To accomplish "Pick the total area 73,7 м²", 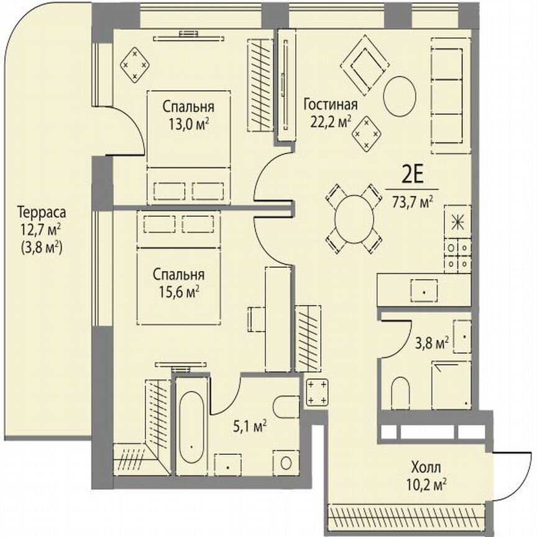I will (412, 201).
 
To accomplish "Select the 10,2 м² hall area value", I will (426, 482).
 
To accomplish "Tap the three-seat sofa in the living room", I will (451, 95).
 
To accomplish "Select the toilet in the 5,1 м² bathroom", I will (287, 406).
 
